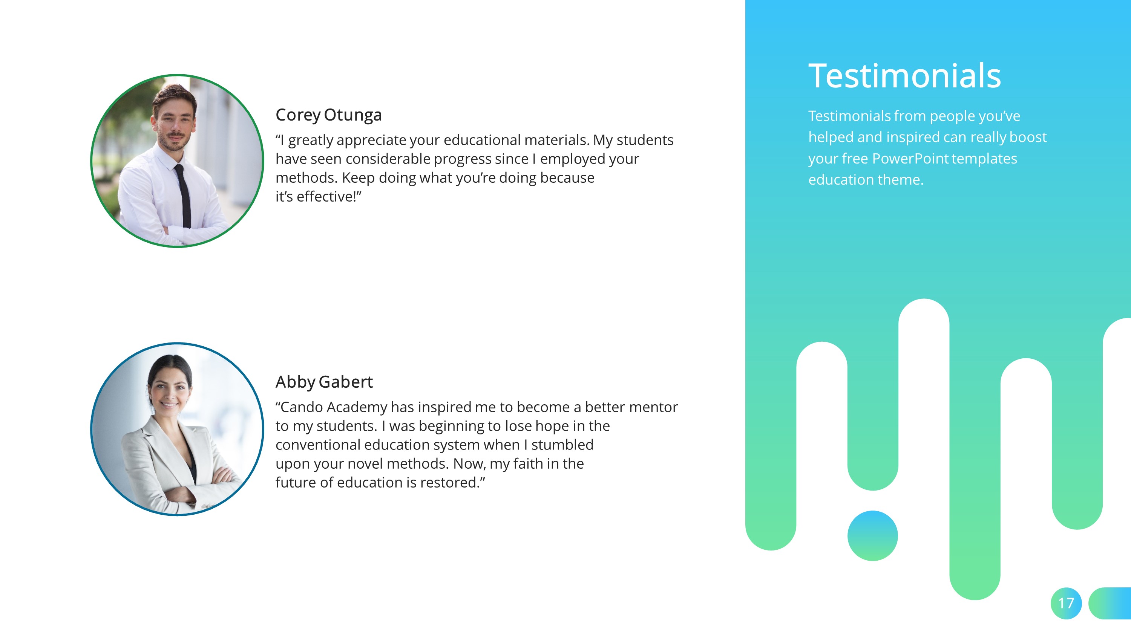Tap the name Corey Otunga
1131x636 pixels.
[x=328, y=115]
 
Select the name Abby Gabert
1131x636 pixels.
[x=324, y=382]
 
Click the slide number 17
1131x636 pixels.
[x=1066, y=603]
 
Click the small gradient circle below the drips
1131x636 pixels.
[x=872, y=535]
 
